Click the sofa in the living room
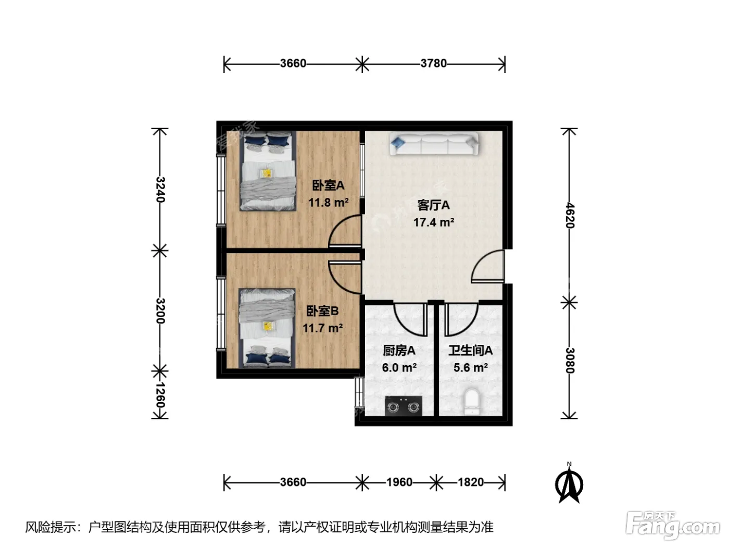coord(434,144)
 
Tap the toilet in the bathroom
coord(472,402)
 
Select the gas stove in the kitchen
coord(403,405)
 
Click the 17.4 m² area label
coord(434,222)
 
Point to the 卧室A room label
coord(328,185)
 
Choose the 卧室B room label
coord(322,311)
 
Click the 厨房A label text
coord(399,351)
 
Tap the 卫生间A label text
coord(470,351)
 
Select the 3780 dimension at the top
coord(433,63)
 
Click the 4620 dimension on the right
coord(569,215)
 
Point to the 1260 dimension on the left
coord(160,395)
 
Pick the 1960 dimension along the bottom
coord(399,482)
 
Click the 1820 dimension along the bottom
coord(471,482)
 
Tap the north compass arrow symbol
coord(569,485)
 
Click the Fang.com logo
coord(672,526)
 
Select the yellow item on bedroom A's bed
coord(266,173)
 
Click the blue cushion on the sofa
coord(397,143)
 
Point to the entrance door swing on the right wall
coord(487,266)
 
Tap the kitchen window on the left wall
coord(359,392)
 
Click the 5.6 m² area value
coord(470,368)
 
